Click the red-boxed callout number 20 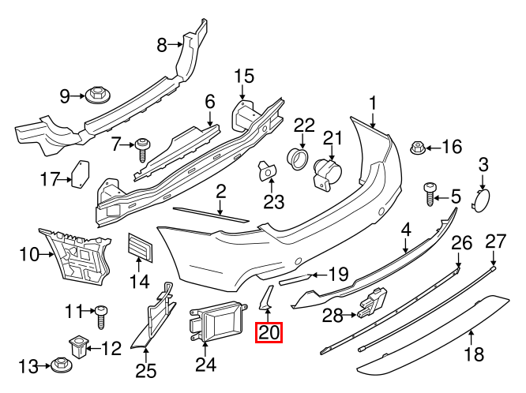[269, 333]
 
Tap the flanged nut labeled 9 [98, 95]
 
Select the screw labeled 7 [143, 151]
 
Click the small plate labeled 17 [81, 174]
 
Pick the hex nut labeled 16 [418, 148]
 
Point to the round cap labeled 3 [480, 200]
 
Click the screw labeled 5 [430, 193]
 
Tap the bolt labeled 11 [102, 317]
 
